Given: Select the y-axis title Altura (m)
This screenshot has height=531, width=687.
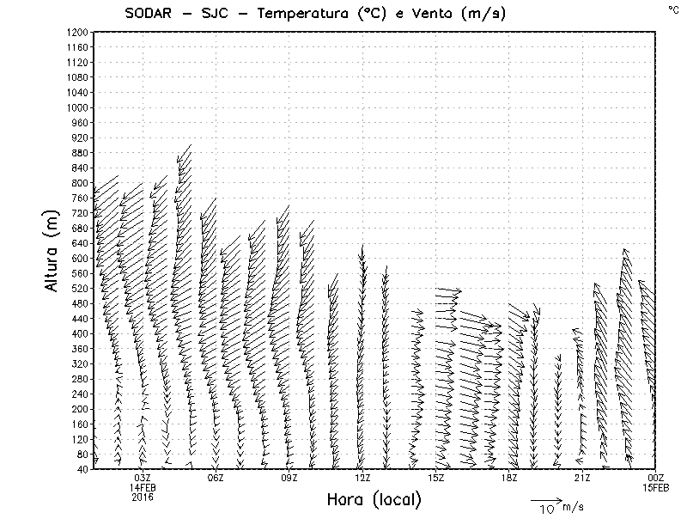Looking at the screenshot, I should point(52,250).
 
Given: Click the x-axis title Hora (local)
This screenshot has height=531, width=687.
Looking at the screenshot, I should point(374,500).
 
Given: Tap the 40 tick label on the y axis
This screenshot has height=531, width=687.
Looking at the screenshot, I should point(82,469).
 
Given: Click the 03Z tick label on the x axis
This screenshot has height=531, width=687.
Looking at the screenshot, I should point(143,478).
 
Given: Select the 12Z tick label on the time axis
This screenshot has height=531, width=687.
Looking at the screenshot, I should point(362,478).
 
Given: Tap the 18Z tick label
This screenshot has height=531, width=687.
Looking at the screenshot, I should point(509,478).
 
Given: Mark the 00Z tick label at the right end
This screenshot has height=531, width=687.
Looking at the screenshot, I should point(656,478).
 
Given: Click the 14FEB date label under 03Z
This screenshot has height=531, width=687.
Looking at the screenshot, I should point(143,487).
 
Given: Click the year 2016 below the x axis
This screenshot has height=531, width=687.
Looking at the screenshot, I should point(143,497).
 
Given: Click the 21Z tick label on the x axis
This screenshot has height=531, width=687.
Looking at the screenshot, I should point(583,478).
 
